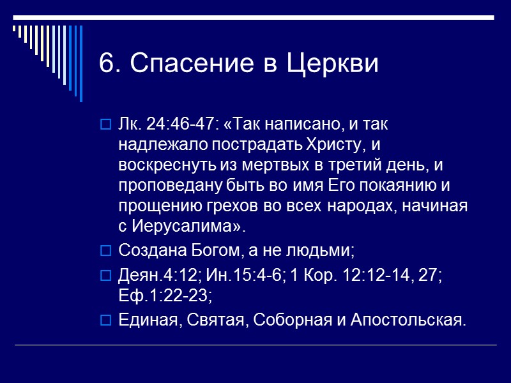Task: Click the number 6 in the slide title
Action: click(x=107, y=64)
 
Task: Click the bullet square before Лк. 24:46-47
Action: click(x=106, y=123)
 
